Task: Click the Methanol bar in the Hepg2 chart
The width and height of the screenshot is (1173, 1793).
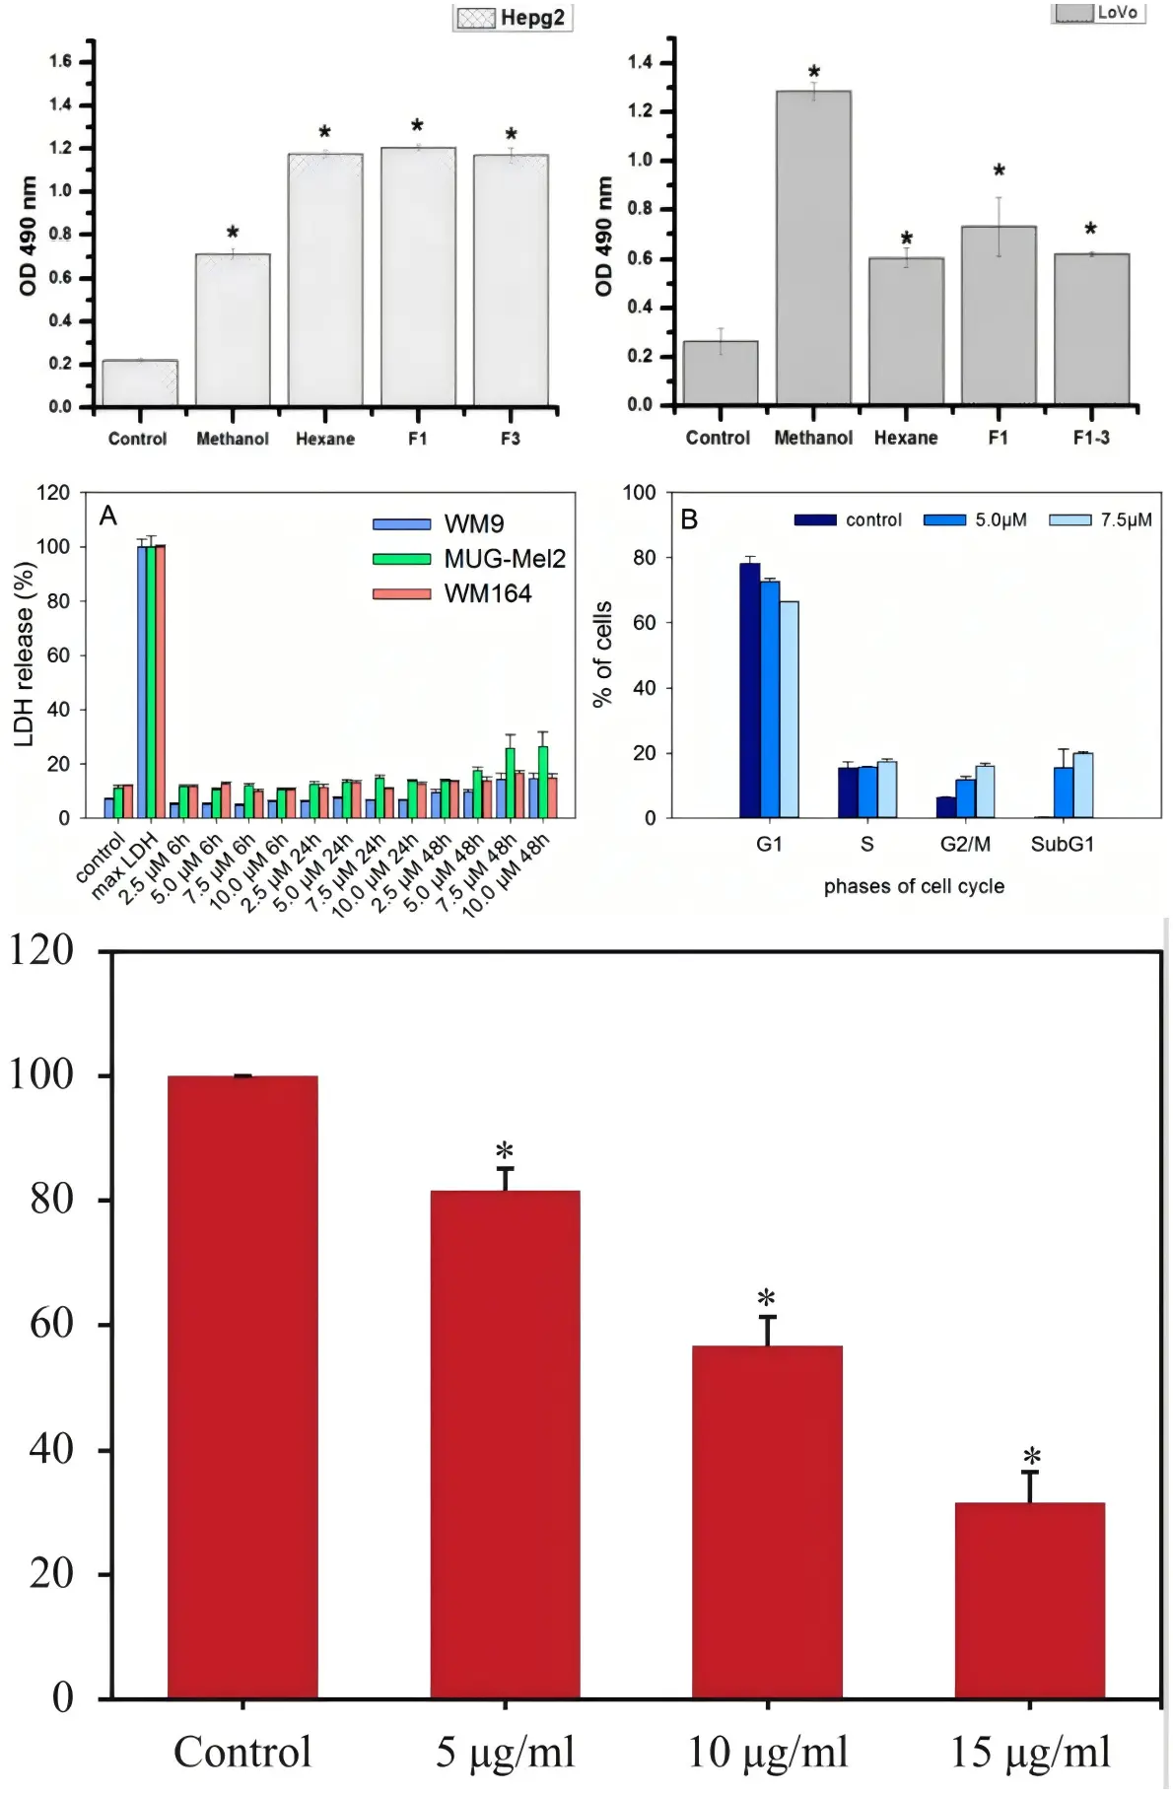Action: pyautogui.click(x=233, y=330)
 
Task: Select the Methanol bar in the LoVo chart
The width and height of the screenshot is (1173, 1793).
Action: pyautogui.click(x=813, y=247)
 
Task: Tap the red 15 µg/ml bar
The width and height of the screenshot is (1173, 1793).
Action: pyautogui.click(x=1030, y=1600)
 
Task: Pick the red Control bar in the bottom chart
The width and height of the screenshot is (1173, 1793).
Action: pyautogui.click(x=242, y=1387)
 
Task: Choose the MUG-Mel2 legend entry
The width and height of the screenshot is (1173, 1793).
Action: pyautogui.click(x=469, y=559)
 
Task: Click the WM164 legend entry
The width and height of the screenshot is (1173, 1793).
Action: pyautogui.click(x=452, y=593)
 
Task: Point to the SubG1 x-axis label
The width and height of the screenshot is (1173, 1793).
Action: pyautogui.click(x=1063, y=844)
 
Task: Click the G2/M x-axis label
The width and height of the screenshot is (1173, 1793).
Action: pyautogui.click(x=965, y=844)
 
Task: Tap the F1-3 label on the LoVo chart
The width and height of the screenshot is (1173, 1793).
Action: pyautogui.click(x=1091, y=438)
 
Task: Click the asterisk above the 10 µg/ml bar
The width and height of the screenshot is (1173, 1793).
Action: pyautogui.click(x=766, y=1297)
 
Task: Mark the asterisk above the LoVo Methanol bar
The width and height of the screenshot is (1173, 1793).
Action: pyautogui.click(x=814, y=73)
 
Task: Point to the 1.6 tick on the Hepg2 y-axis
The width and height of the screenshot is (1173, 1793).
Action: pyautogui.click(x=60, y=61)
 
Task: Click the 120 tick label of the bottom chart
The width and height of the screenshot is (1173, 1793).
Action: pyautogui.click(x=41, y=950)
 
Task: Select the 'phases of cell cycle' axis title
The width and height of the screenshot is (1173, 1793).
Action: pyautogui.click(x=914, y=886)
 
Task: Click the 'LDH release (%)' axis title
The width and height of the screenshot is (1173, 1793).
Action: pyautogui.click(x=25, y=655)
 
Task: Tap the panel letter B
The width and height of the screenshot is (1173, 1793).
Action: pyautogui.click(x=690, y=519)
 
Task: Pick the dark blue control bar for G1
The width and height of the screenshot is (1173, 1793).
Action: pyautogui.click(x=749, y=690)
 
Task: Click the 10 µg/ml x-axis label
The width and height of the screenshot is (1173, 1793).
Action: pyautogui.click(x=768, y=1753)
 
